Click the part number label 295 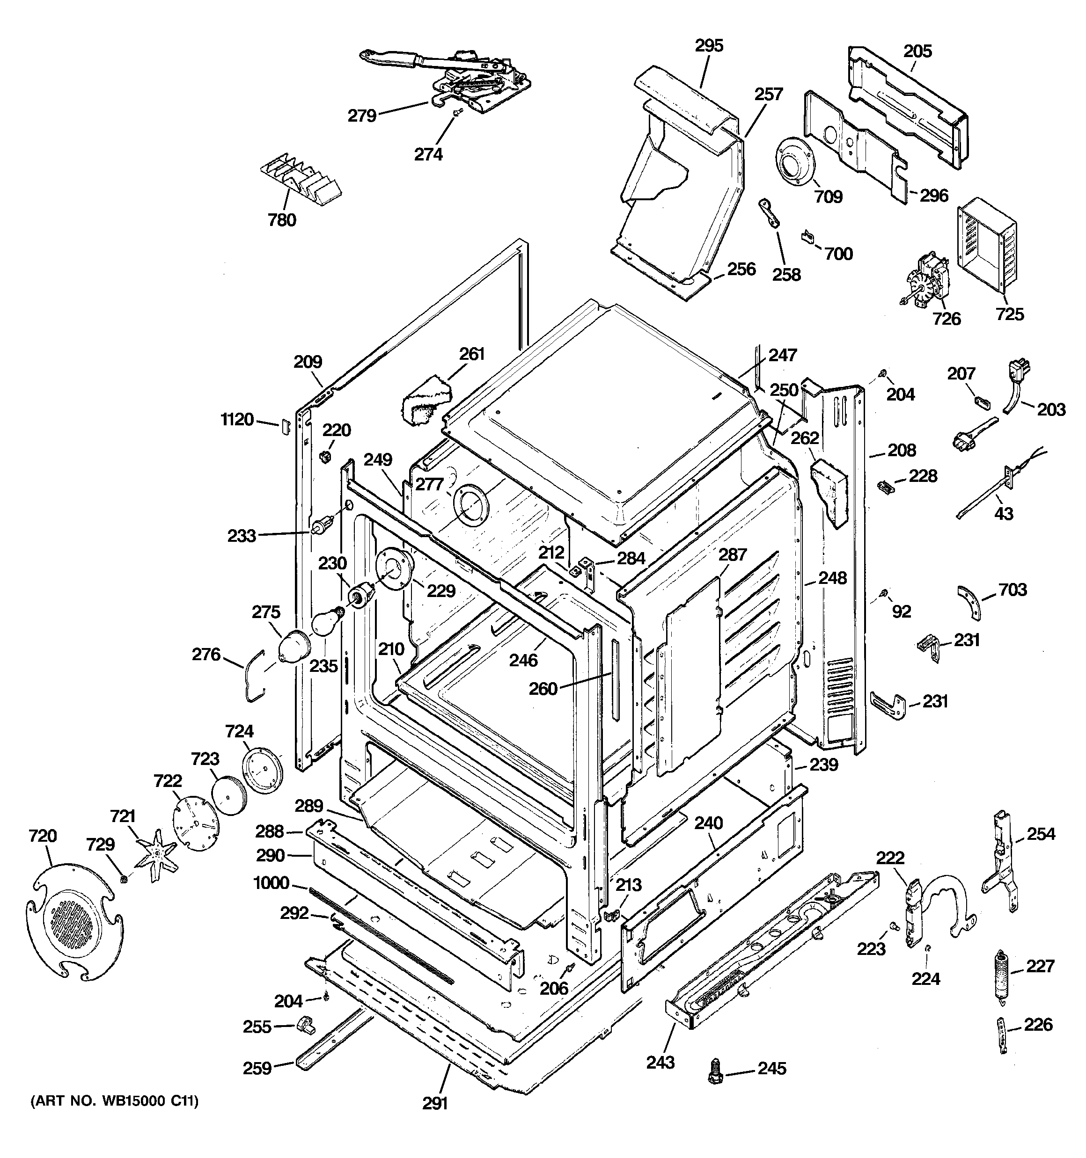709,45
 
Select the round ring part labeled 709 793,162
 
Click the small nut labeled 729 124,878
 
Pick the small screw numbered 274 458,115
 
